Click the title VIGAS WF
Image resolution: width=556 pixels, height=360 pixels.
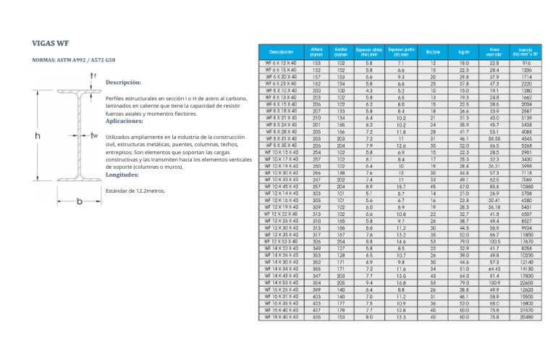51,43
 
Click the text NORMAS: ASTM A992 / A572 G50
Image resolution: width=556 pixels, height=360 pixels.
73,60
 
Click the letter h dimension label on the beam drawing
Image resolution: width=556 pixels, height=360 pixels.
38,135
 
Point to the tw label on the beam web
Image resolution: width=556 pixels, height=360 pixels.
94,135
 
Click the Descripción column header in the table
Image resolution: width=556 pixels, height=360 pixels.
282,51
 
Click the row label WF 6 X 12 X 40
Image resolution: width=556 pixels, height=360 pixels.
281,64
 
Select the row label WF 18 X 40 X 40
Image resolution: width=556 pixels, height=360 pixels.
281,317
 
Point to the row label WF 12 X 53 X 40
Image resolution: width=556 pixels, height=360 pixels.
281,241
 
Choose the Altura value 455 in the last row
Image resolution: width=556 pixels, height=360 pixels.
316,317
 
